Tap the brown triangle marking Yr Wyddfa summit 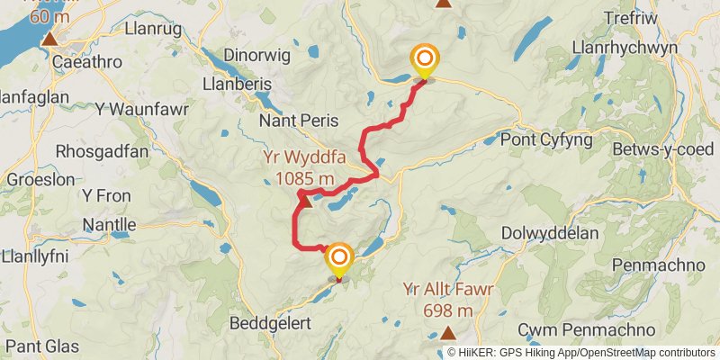pos(304,200)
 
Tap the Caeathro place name pos(88,63)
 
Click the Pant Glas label pos(41,346)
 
